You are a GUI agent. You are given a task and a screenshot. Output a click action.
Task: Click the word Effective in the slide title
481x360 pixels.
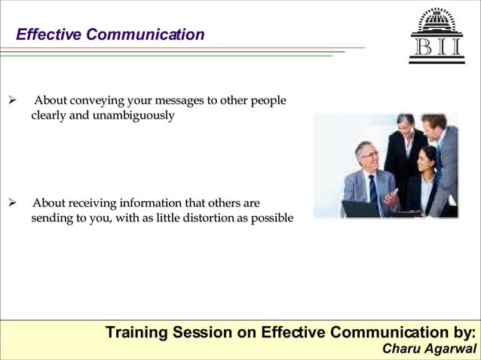coord(48,35)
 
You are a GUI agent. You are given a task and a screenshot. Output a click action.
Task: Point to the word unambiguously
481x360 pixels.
coord(133,116)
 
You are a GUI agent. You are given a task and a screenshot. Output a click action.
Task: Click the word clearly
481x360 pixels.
coord(48,116)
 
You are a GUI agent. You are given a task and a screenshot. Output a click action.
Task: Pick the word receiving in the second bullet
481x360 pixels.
coord(99,203)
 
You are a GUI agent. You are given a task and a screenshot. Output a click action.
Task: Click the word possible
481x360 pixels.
coord(269,218)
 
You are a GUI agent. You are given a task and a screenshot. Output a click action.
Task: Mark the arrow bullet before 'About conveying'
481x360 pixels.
coord(12,101)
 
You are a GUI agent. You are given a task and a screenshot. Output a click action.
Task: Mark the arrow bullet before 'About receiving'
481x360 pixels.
coord(12,203)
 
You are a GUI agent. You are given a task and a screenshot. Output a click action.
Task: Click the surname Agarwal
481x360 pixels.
coord(451,349)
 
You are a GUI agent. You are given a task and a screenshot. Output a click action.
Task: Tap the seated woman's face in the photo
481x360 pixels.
coord(427,159)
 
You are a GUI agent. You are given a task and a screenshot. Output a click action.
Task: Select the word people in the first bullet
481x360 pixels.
coord(268,101)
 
